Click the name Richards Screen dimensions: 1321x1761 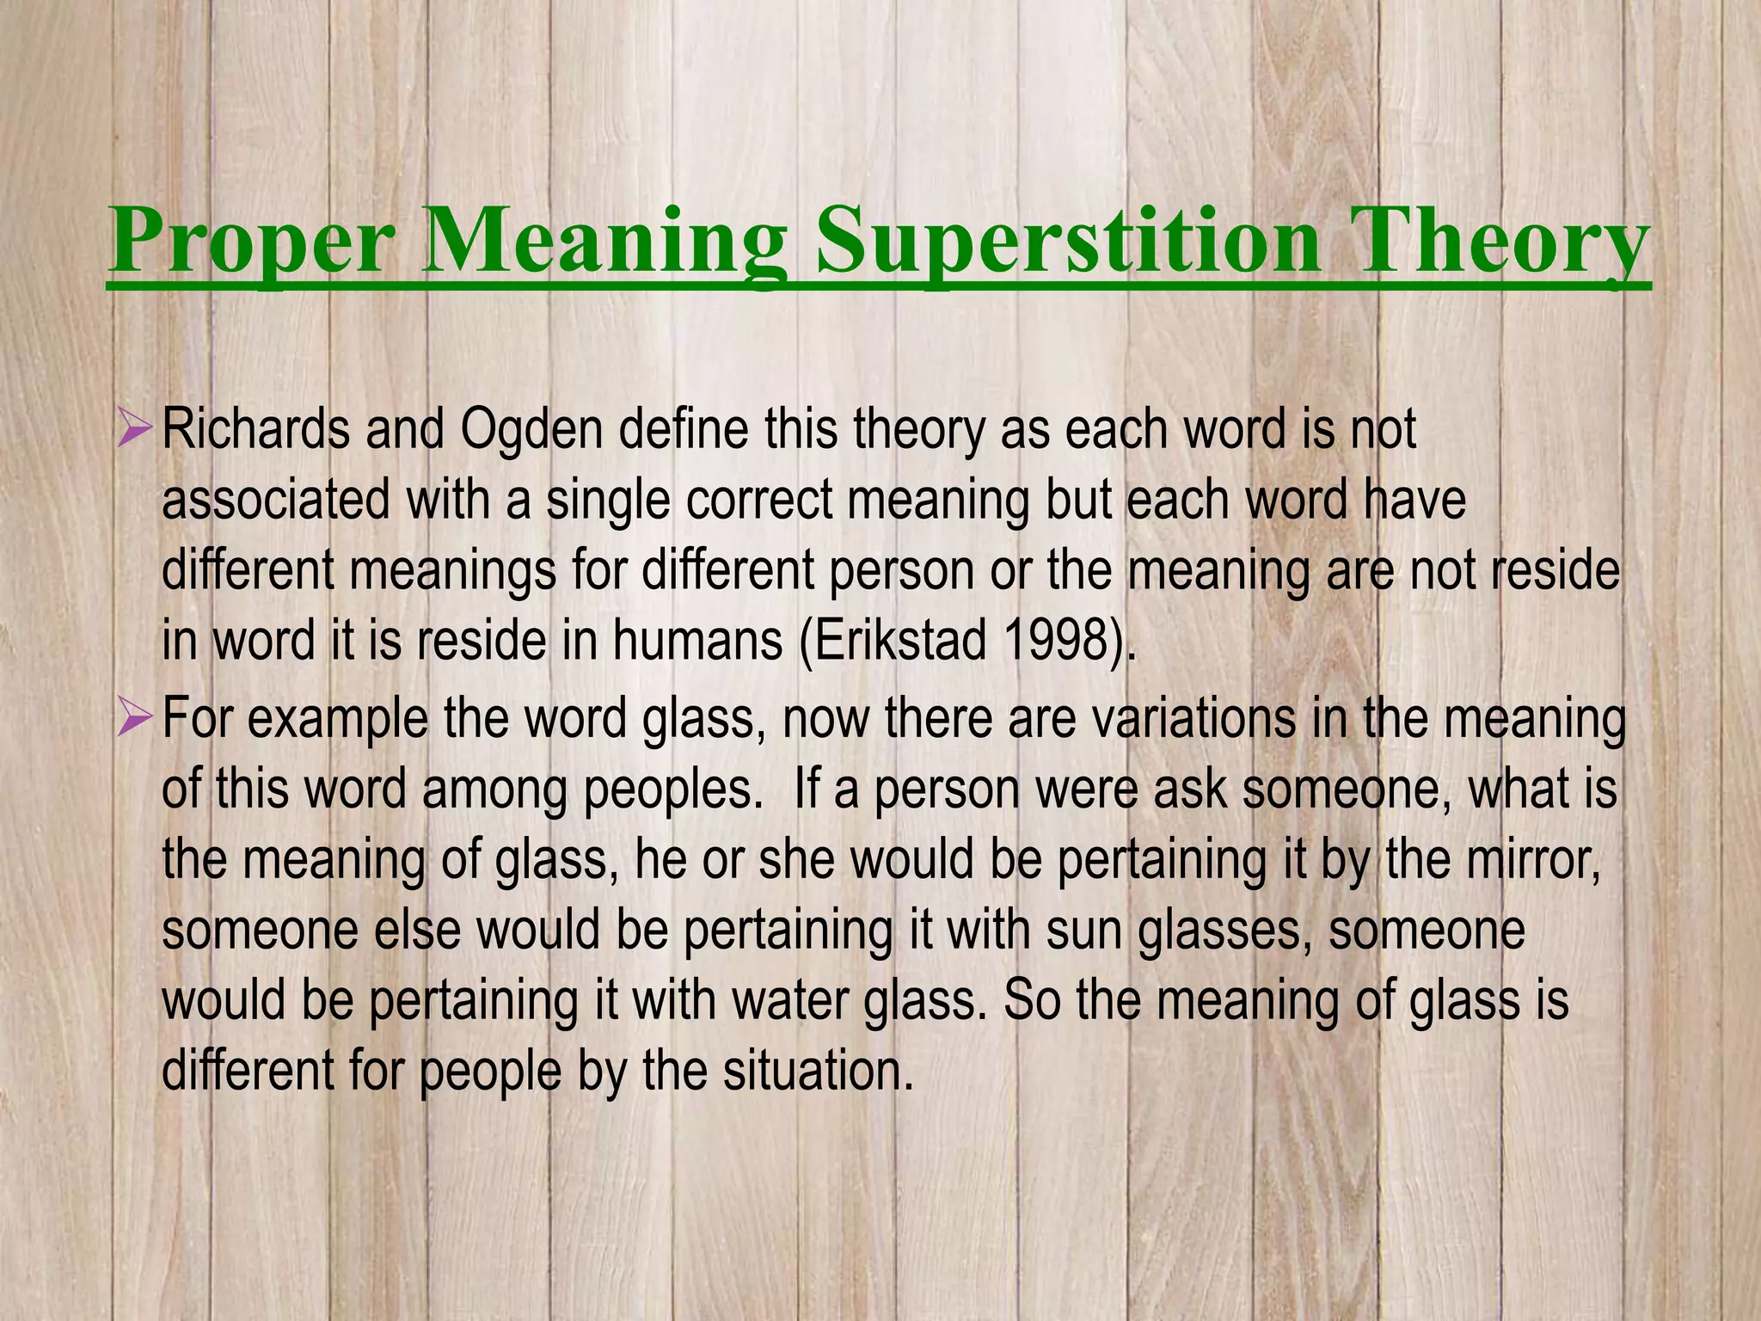pyautogui.click(x=255, y=429)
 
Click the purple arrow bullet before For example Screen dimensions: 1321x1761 pyautogui.click(x=135, y=717)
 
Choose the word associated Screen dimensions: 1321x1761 pyautogui.click(x=275, y=500)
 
